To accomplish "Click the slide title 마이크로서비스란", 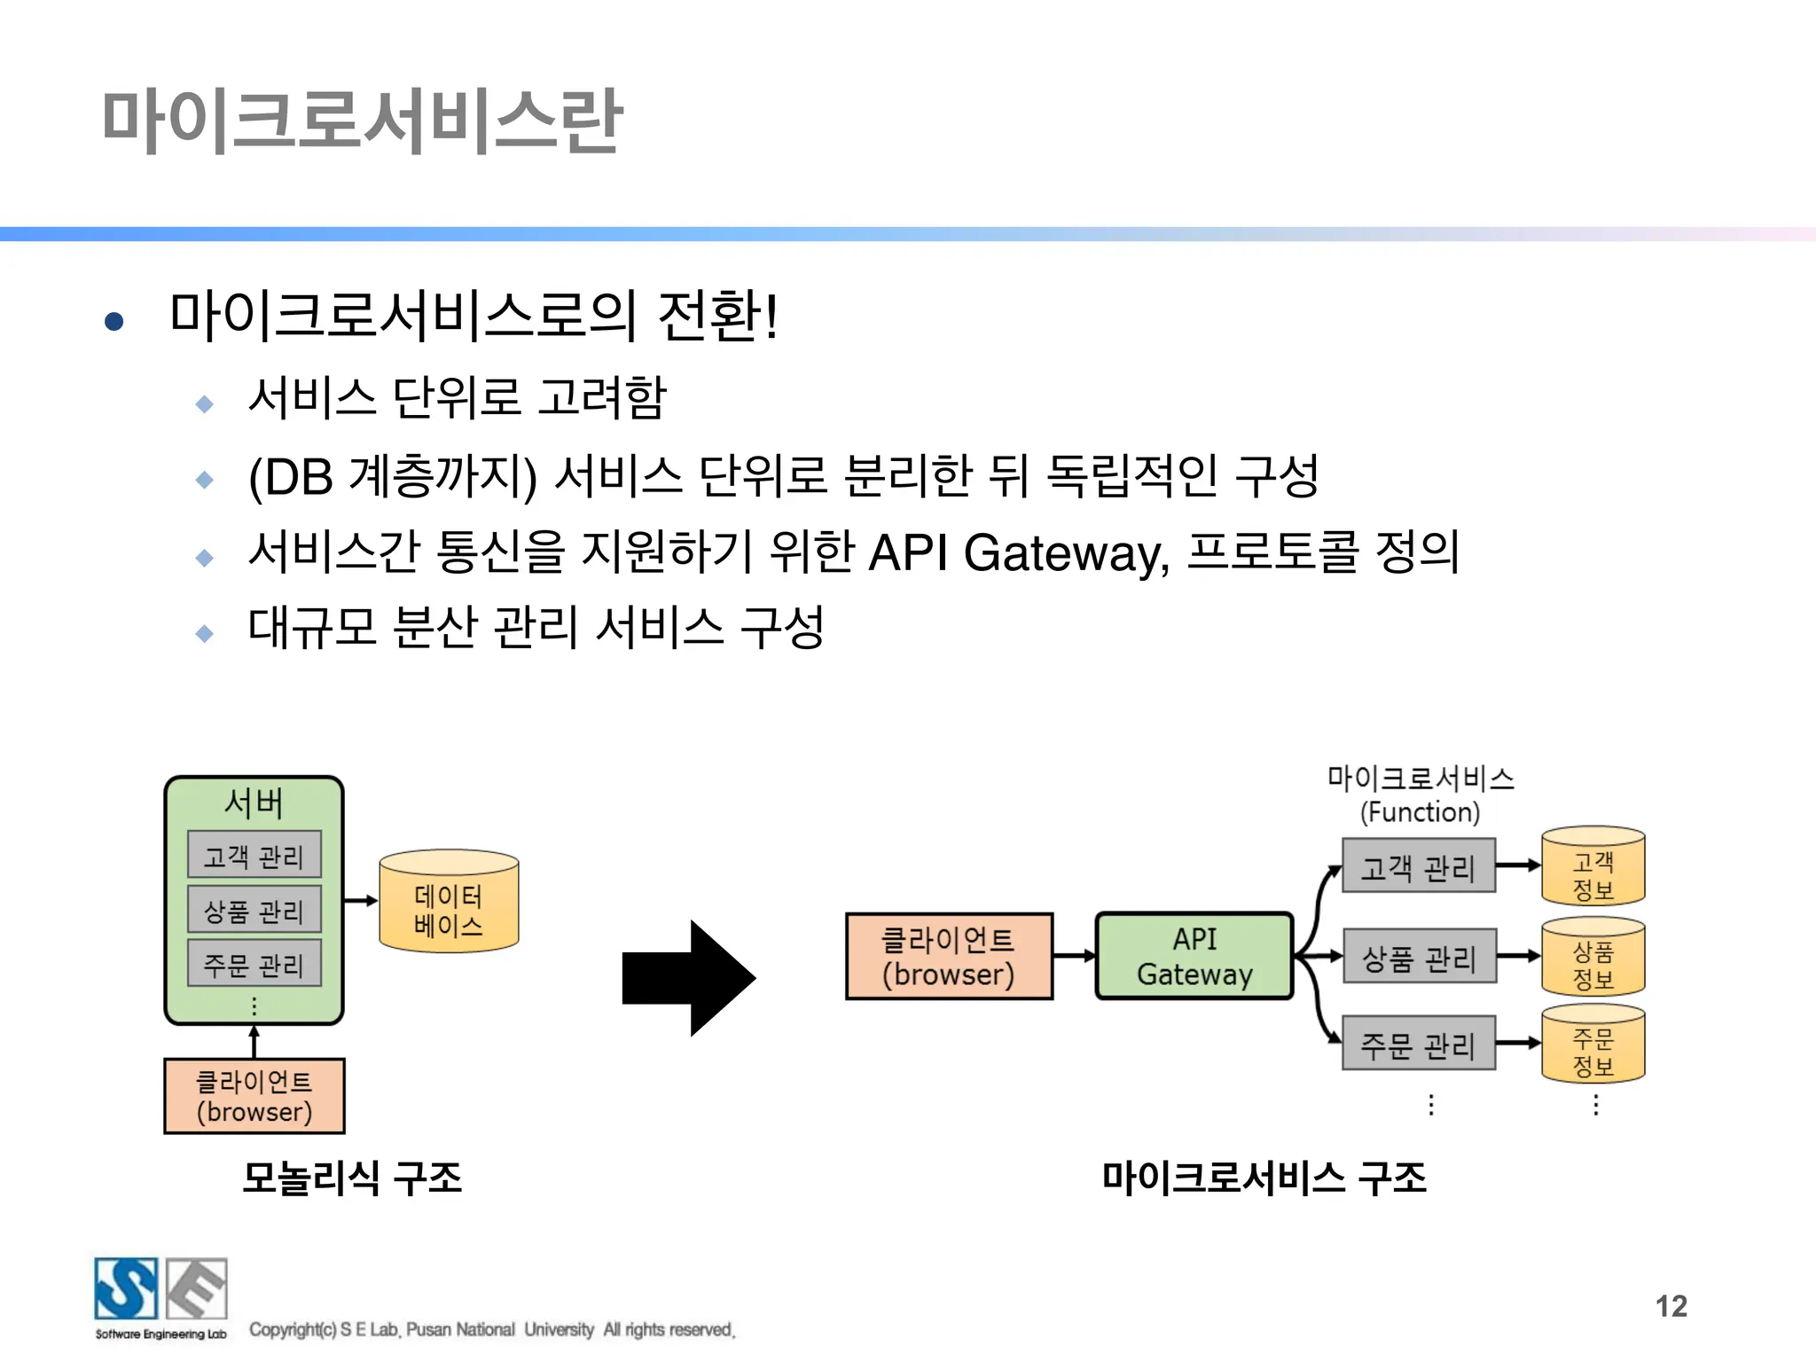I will pos(362,121).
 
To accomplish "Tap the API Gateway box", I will pos(1194,956).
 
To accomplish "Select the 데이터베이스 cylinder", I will pos(449,903).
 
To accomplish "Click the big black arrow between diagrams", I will pos(688,978).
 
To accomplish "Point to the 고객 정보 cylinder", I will pos(1593,867).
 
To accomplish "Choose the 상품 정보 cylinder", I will pos(1593,958).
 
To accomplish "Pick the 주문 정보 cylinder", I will pos(1593,1045).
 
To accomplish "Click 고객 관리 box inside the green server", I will pos(254,856).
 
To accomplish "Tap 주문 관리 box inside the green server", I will pos(254,964).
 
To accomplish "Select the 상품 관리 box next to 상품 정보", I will pos(1419,957).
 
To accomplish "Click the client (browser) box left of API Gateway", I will pos(949,956).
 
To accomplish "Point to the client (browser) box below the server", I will pos(254,1096).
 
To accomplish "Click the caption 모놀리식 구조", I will pos(352,1178).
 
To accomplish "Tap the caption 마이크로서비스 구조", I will pos(1264,1178).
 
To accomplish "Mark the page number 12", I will pos(1671,1306).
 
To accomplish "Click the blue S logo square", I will pos(126,1288).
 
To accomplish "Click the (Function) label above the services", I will pos(1420,812).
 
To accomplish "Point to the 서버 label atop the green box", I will pos(254,803).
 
